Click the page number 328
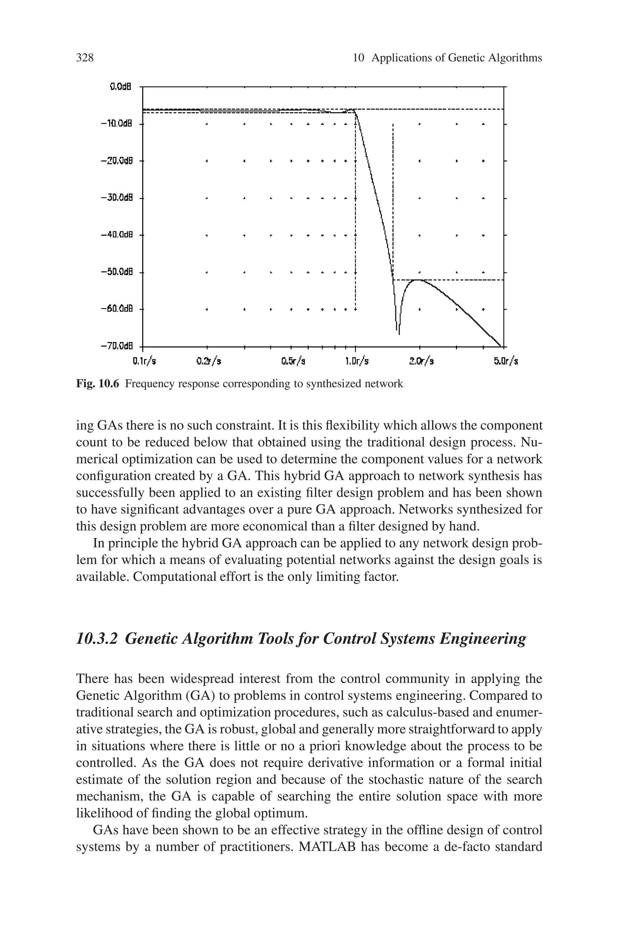pos(85,58)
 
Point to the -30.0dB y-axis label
pos(116,198)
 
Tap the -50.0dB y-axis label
pos(116,272)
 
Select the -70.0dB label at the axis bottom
pos(116,347)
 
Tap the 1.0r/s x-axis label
pos(357,361)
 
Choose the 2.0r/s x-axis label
pos(421,361)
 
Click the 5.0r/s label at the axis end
pos(506,361)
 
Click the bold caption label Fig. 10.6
pos(97,384)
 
